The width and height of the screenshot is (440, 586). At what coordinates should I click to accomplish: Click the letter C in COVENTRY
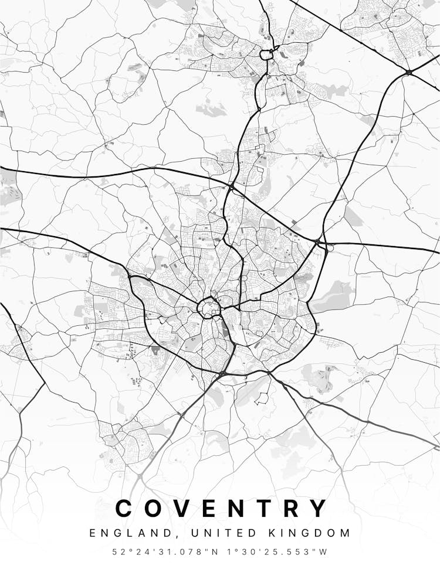[x=126, y=508]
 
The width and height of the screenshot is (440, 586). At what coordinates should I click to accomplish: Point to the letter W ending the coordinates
[x=323, y=552]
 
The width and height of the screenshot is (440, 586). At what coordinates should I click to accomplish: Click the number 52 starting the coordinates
[x=119, y=552]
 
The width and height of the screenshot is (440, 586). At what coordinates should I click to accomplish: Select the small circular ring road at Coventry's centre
[x=208, y=306]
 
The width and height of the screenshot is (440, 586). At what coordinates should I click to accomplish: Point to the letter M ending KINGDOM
[x=346, y=533]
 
